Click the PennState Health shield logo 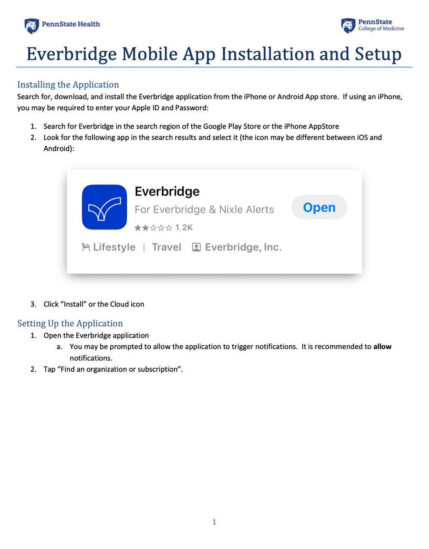pyautogui.click(x=31, y=26)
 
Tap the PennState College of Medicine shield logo pyautogui.click(x=348, y=26)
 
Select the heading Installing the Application pyautogui.click(x=68, y=84)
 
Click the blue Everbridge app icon pyautogui.click(x=104, y=207)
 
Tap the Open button pyautogui.click(x=319, y=208)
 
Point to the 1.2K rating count pyautogui.click(x=184, y=228)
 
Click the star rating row pyautogui.click(x=153, y=228)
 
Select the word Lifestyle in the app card pyautogui.click(x=114, y=247)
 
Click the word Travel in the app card pyautogui.click(x=166, y=247)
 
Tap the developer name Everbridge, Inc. pyautogui.click(x=243, y=247)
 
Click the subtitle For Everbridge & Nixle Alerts pyautogui.click(x=204, y=210)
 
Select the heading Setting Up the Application pyautogui.click(x=70, y=323)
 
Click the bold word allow pyautogui.click(x=382, y=347)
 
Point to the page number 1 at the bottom pyautogui.click(x=214, y=522)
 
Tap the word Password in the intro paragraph pyautogui.click(x=191, y=108)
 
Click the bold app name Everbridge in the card pyautogui.click(x=167, y=191)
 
